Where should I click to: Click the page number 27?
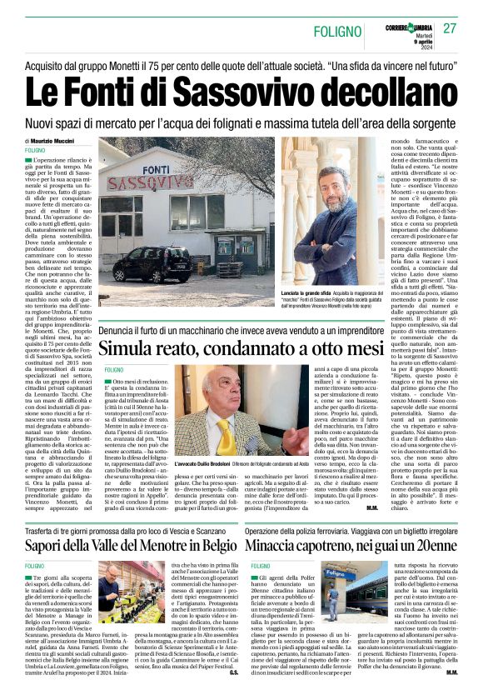(x=450, y=29)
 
